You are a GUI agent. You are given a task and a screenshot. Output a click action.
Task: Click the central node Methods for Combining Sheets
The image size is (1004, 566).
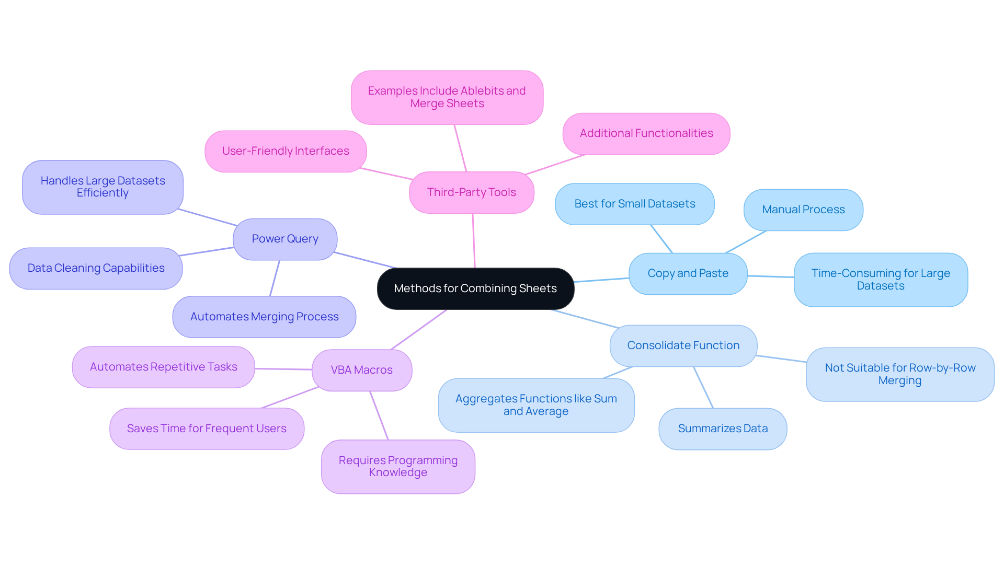click(475, 288)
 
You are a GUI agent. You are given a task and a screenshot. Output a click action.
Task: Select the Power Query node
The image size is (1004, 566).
click(285, 239)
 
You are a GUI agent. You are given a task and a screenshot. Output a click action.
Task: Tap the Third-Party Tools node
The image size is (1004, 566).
click(471, 192)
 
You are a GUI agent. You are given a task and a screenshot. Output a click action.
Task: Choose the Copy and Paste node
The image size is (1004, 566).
click(688, 273)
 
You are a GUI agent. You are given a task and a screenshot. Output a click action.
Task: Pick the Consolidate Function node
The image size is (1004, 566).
click(683, 345)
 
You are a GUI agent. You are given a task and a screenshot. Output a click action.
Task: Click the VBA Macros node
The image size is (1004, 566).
click(361, 370)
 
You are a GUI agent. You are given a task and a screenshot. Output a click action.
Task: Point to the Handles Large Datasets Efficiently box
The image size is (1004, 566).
click(102, 187)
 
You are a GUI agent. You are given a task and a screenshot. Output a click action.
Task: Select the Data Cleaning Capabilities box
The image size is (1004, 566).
click(96, 268)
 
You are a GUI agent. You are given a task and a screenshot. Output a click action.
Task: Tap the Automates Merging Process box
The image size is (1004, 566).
click(264, 317)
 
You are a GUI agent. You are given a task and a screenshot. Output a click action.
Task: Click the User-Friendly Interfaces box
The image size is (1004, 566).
click(286, 151)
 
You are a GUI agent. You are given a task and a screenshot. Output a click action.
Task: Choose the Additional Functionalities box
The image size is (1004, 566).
click(646, 133)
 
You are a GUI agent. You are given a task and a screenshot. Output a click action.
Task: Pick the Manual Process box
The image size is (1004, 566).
click(803, 210)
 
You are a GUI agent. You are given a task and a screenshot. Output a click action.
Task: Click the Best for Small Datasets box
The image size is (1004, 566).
click(634, 204)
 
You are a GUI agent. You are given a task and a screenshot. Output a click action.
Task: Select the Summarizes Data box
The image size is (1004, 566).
click(723, 429)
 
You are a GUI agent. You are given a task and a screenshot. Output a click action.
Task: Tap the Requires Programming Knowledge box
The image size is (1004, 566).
click(398, 466)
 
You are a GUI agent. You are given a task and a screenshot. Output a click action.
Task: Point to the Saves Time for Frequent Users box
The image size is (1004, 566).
click(207, 429)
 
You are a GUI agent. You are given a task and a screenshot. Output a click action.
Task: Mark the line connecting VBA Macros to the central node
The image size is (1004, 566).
click(419, 329)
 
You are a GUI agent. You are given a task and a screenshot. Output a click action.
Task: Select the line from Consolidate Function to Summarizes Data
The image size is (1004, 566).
click(703, 387)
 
